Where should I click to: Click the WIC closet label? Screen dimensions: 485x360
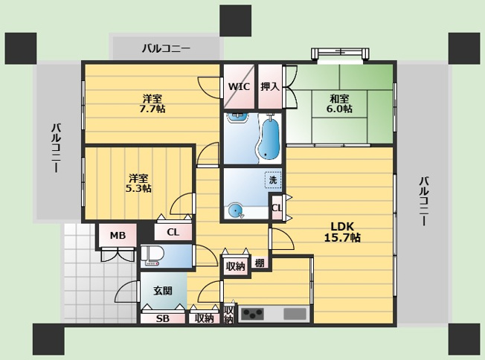(239, 86)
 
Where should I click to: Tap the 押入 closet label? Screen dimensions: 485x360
(270, 86)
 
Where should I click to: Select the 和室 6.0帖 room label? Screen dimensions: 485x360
(339, 104)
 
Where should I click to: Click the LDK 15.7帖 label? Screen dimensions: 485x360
(342, 232)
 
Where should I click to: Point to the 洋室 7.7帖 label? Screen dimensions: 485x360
(152, 104)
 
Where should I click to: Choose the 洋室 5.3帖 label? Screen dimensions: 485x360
(138, 184)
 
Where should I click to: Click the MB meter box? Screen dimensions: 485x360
(118, 236)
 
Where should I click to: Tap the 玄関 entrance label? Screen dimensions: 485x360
(163, 291)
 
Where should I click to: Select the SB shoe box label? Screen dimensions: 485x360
(162, 318)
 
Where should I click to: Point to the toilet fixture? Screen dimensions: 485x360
(152, 256)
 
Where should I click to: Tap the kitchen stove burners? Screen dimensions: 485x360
(253, 314)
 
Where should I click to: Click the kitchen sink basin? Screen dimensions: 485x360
(295, 314)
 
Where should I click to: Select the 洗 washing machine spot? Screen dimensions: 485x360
(273, 180)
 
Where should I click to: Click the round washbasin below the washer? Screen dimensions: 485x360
(235, 210)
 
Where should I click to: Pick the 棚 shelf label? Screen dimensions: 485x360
(260, 263)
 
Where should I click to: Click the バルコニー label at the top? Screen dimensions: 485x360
(166, 48)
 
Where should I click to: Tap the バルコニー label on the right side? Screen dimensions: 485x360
(424, 201)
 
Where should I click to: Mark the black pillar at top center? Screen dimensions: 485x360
(235, 20)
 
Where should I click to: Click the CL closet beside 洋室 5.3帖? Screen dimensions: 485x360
(173, 232)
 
